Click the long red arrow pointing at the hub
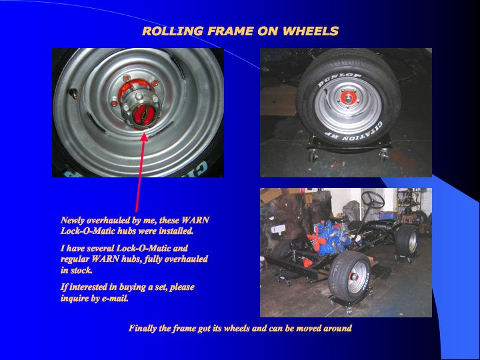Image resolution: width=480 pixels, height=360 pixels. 141,173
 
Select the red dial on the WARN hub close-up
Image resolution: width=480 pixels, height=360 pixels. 142,113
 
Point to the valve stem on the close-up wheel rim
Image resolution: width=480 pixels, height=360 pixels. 73,94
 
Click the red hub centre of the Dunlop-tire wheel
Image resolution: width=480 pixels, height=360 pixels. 348,98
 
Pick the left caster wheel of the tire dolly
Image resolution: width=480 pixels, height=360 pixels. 313,156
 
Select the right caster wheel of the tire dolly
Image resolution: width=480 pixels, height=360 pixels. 383,156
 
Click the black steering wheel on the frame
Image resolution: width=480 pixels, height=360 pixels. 373,199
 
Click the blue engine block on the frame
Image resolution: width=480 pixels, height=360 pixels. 332,237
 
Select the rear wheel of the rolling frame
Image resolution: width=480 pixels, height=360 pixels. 407,239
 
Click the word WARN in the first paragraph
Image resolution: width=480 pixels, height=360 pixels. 195,220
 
